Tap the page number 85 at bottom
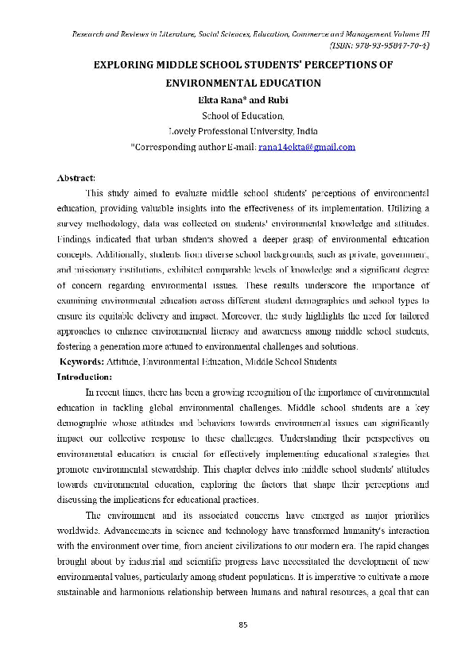pyautogui.click(x=244, y=624)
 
